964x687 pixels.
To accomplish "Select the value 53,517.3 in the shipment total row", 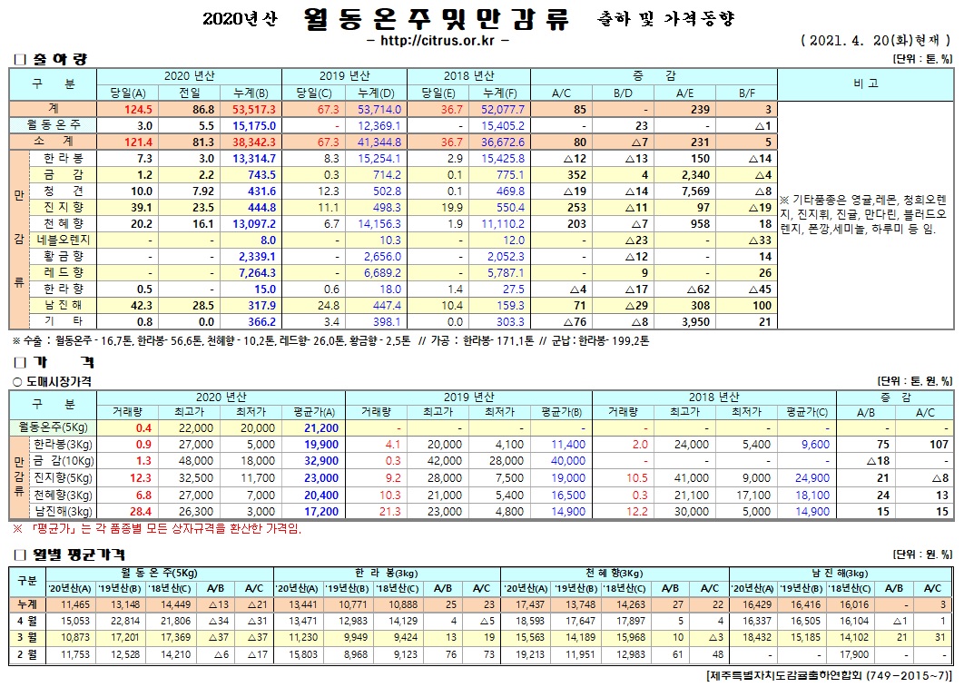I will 254,109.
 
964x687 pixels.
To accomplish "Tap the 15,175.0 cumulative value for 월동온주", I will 254,125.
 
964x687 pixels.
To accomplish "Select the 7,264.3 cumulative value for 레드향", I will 254,272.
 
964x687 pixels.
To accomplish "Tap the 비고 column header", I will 866,83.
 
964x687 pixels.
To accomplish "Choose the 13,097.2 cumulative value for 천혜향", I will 254,223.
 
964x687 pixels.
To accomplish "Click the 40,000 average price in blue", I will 568,461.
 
